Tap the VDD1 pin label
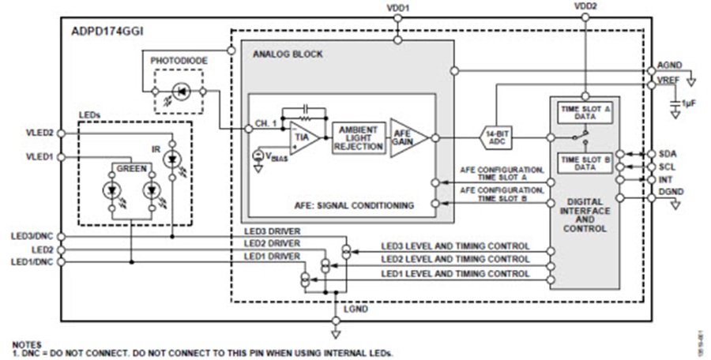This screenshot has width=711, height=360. click(400, 8)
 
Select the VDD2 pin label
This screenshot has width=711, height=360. click(585, 8)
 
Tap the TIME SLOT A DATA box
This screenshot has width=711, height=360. click(585, 111)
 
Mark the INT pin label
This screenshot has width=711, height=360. click(666, 181)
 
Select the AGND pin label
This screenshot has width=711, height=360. click(669, 66)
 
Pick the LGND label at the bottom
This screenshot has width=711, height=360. click(355, 309)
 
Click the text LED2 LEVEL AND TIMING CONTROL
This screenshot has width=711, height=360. click(455, 259)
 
